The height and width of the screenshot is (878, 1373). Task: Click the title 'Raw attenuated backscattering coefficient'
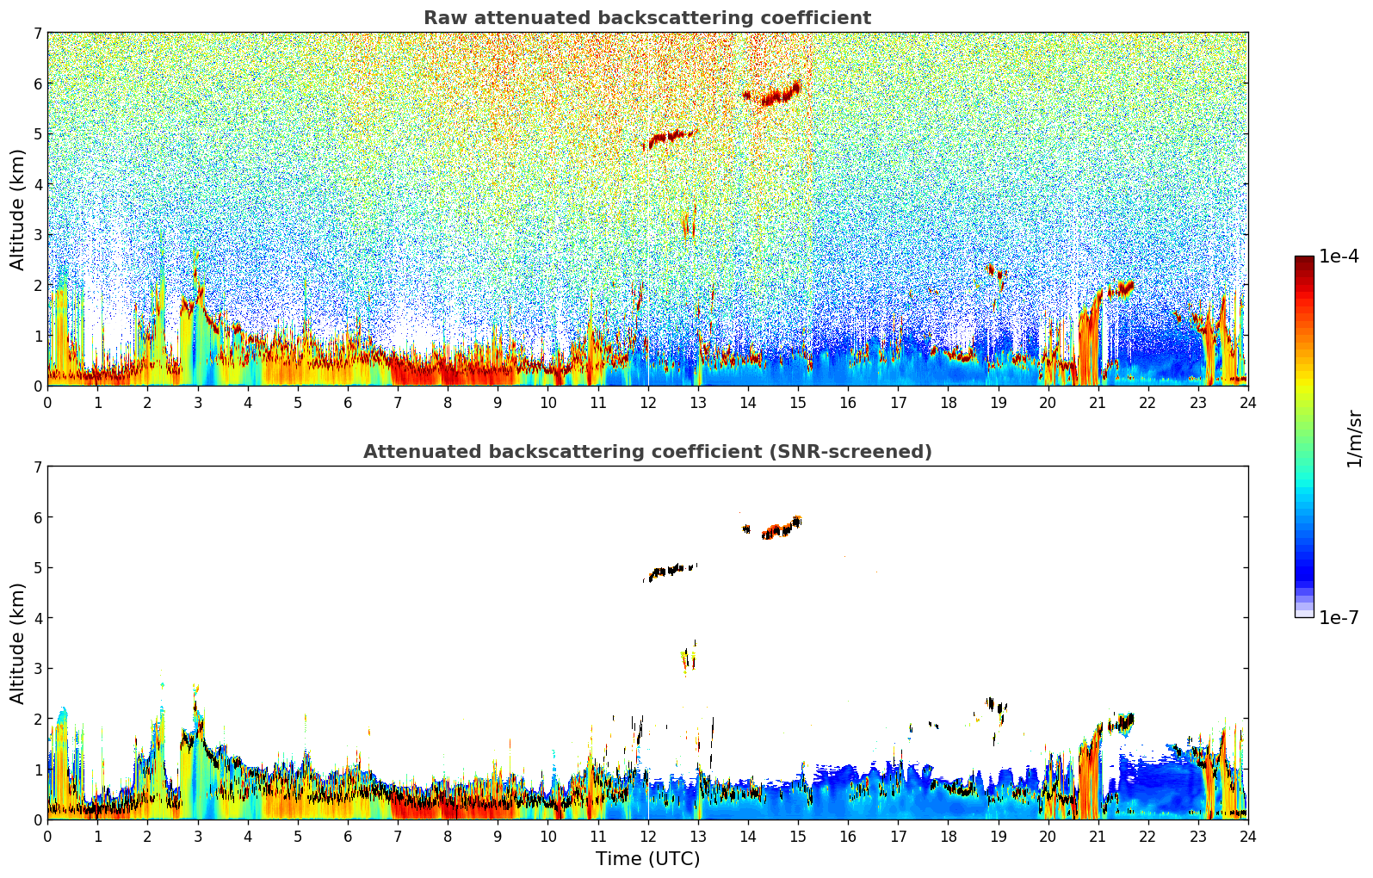point(646,18)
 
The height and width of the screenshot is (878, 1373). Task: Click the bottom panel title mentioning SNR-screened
point(646,452)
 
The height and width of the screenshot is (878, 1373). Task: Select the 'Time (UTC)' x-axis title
point(647,859)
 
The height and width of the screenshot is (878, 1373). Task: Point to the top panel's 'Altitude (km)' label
point(18,209)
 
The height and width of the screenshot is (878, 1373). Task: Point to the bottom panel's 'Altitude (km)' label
point(18,643)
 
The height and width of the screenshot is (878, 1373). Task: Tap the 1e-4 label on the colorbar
point(1339,257)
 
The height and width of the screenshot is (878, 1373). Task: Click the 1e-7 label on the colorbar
point(1339,618)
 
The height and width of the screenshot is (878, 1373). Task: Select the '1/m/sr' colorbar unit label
point(1354,439)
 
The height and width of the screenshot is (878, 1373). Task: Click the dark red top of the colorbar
point(1304,261)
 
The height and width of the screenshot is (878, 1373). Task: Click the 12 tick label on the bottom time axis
point(647,836)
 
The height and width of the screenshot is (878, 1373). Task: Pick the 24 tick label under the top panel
point(1247,402)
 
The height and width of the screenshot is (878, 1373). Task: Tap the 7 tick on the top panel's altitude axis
point(37,34)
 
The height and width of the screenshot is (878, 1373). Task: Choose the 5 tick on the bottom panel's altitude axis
point(37,568)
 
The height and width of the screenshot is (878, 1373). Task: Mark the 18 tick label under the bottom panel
point(948,836)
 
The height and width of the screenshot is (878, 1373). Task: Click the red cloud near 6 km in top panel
point(775,95)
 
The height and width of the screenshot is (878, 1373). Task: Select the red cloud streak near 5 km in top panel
point(669,136)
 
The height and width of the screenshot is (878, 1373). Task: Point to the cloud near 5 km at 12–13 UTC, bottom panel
point(669,570)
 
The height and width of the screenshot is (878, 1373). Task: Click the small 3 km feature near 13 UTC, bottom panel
point(688,659)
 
